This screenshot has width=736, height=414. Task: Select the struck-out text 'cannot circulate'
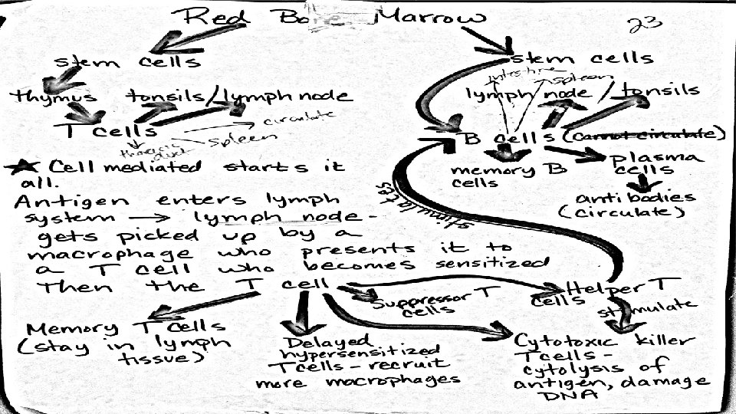point(645,136)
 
